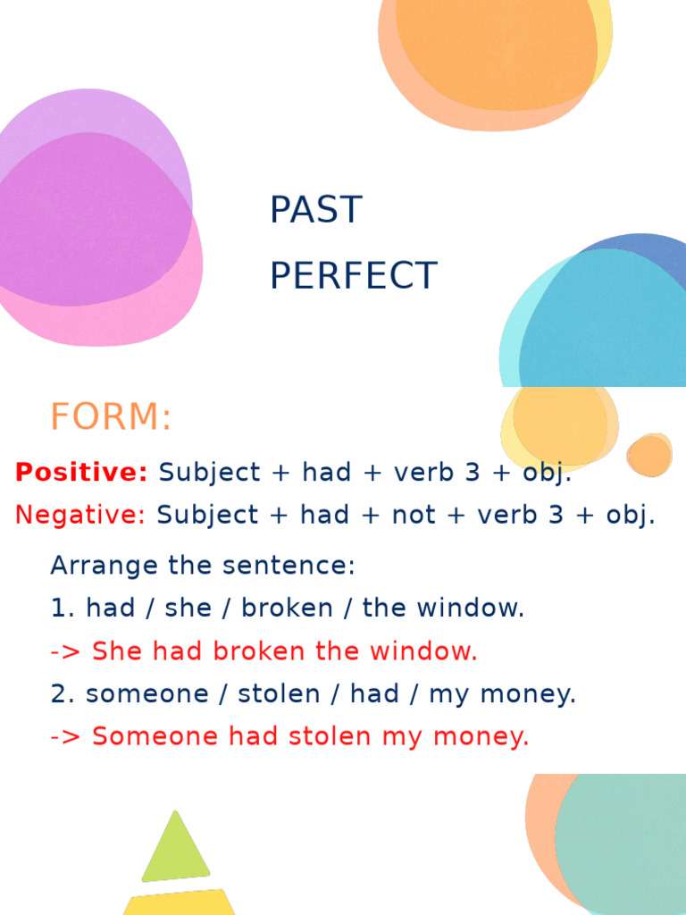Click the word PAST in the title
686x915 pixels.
315,210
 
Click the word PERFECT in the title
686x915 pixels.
353,276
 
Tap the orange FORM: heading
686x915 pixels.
111,417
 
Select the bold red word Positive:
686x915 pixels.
81,473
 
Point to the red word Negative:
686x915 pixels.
79,515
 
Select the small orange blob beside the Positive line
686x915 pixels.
649,455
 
